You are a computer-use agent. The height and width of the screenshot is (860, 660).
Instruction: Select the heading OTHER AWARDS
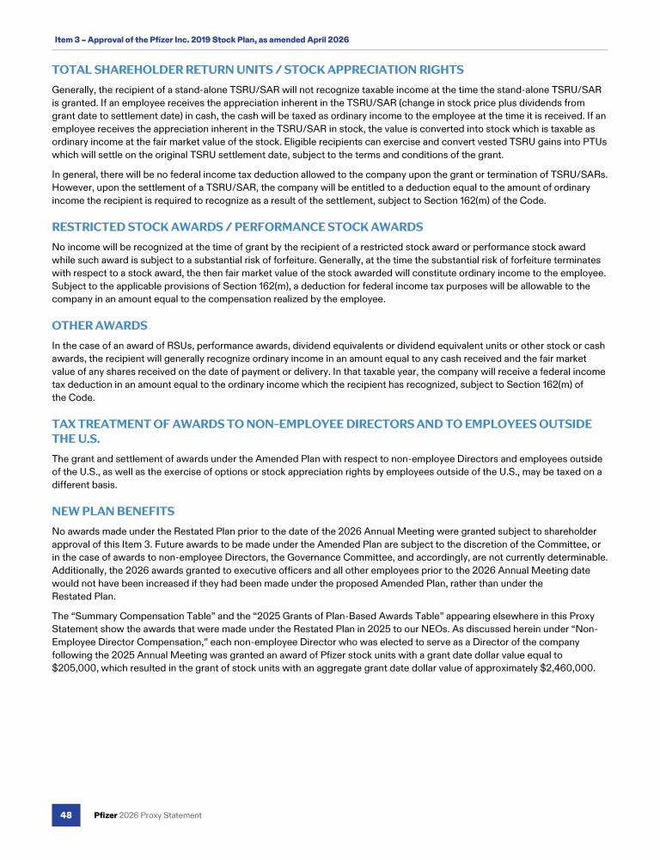[x=100, y=326]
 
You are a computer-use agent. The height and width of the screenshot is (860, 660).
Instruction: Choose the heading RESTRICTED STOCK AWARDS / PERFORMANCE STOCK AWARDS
[x=237, y=227]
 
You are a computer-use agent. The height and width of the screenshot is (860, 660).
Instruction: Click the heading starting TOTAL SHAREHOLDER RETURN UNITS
[x=258, y=70]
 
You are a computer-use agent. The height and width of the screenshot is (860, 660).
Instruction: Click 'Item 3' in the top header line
[x=68, y=40]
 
